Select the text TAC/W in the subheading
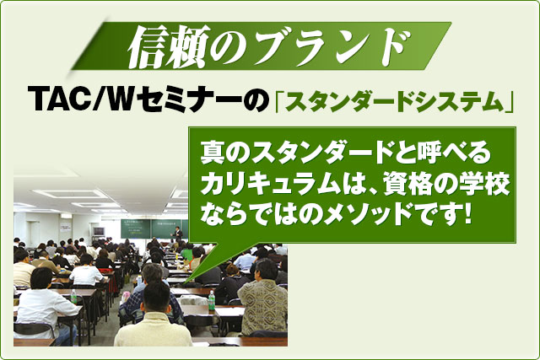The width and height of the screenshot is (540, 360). [x=81, y=99]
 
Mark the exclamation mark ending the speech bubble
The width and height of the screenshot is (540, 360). [x=467, y=214]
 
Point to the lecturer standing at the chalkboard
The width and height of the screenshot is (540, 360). [x=178, y=234]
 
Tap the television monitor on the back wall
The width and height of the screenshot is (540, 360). [x=99, y=231]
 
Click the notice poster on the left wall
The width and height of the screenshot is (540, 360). [x=65, y=228]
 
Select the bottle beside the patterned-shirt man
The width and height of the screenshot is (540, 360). [x=212, y=300]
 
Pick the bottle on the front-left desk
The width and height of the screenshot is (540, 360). [x=73, y=297]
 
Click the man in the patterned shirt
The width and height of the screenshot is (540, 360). [x=262, y=299]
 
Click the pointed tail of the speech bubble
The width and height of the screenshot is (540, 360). [x=186, y=282]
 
